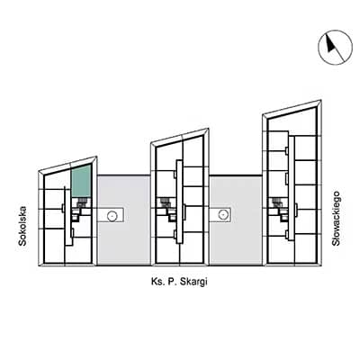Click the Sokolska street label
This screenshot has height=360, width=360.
[22, 226]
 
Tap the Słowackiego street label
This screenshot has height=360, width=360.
[336, 219]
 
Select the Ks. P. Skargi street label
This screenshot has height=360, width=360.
[179, 283]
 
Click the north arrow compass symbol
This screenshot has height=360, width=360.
[335, 48]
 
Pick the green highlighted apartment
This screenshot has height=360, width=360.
[81, 182]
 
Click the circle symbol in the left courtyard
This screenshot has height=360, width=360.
[112, 215]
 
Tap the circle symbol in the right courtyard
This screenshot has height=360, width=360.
[223, 214]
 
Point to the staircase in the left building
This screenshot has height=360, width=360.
[81, 203]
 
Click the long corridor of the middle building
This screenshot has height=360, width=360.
[179, 202]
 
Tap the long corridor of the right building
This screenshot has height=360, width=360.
[292, 188]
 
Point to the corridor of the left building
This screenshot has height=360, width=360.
[67, 216]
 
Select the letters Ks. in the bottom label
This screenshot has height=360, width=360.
[157, 283]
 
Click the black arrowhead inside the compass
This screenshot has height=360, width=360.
[330, 44]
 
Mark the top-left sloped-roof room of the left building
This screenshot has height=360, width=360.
[57, 179]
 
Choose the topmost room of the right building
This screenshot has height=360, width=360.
[291, 120]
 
